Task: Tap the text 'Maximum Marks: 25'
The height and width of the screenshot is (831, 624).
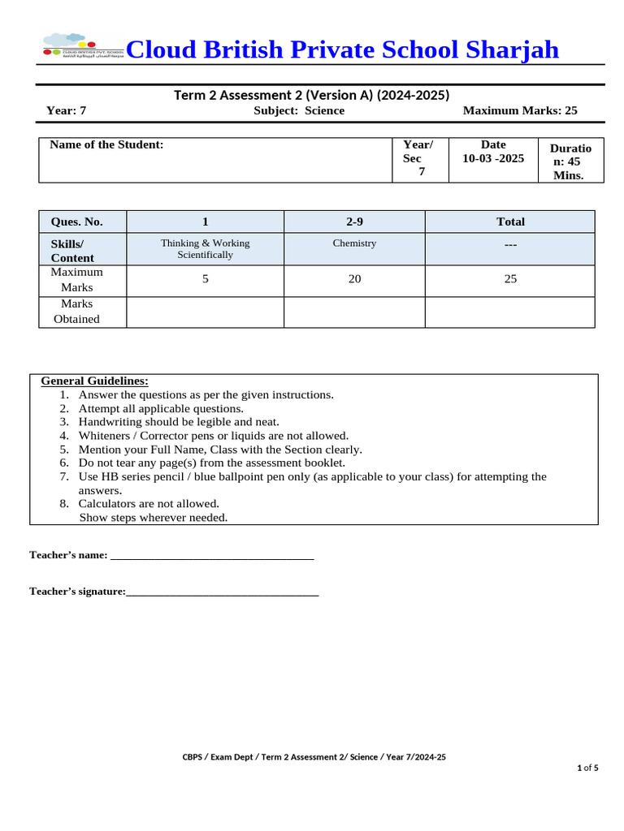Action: click(519, 110)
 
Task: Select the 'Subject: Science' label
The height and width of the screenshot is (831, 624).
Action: click(299, 110)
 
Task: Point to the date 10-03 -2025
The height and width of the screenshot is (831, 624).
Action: click(493, 158)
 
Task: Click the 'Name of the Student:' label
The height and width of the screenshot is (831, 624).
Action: click(106, 144)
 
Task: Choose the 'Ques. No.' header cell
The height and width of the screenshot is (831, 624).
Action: click(77, 222)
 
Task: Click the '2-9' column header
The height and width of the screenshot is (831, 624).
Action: click(354, 222)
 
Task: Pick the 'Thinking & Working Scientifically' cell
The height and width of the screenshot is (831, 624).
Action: click(205, 248)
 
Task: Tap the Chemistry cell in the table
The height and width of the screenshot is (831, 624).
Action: click(354, 243)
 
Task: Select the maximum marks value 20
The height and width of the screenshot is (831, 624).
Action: click(354, 279)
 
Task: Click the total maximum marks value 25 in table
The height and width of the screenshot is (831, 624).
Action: click(510, 279)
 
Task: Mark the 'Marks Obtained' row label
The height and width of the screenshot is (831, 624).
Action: click(77, 312)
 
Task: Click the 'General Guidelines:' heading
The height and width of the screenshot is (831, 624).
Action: click(94, 381)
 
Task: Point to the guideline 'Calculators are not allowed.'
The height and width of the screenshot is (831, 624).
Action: click(149, 503)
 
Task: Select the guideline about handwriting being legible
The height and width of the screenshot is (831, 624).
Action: click(179, 422)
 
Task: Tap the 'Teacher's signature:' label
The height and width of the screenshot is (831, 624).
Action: click(77, 592)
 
